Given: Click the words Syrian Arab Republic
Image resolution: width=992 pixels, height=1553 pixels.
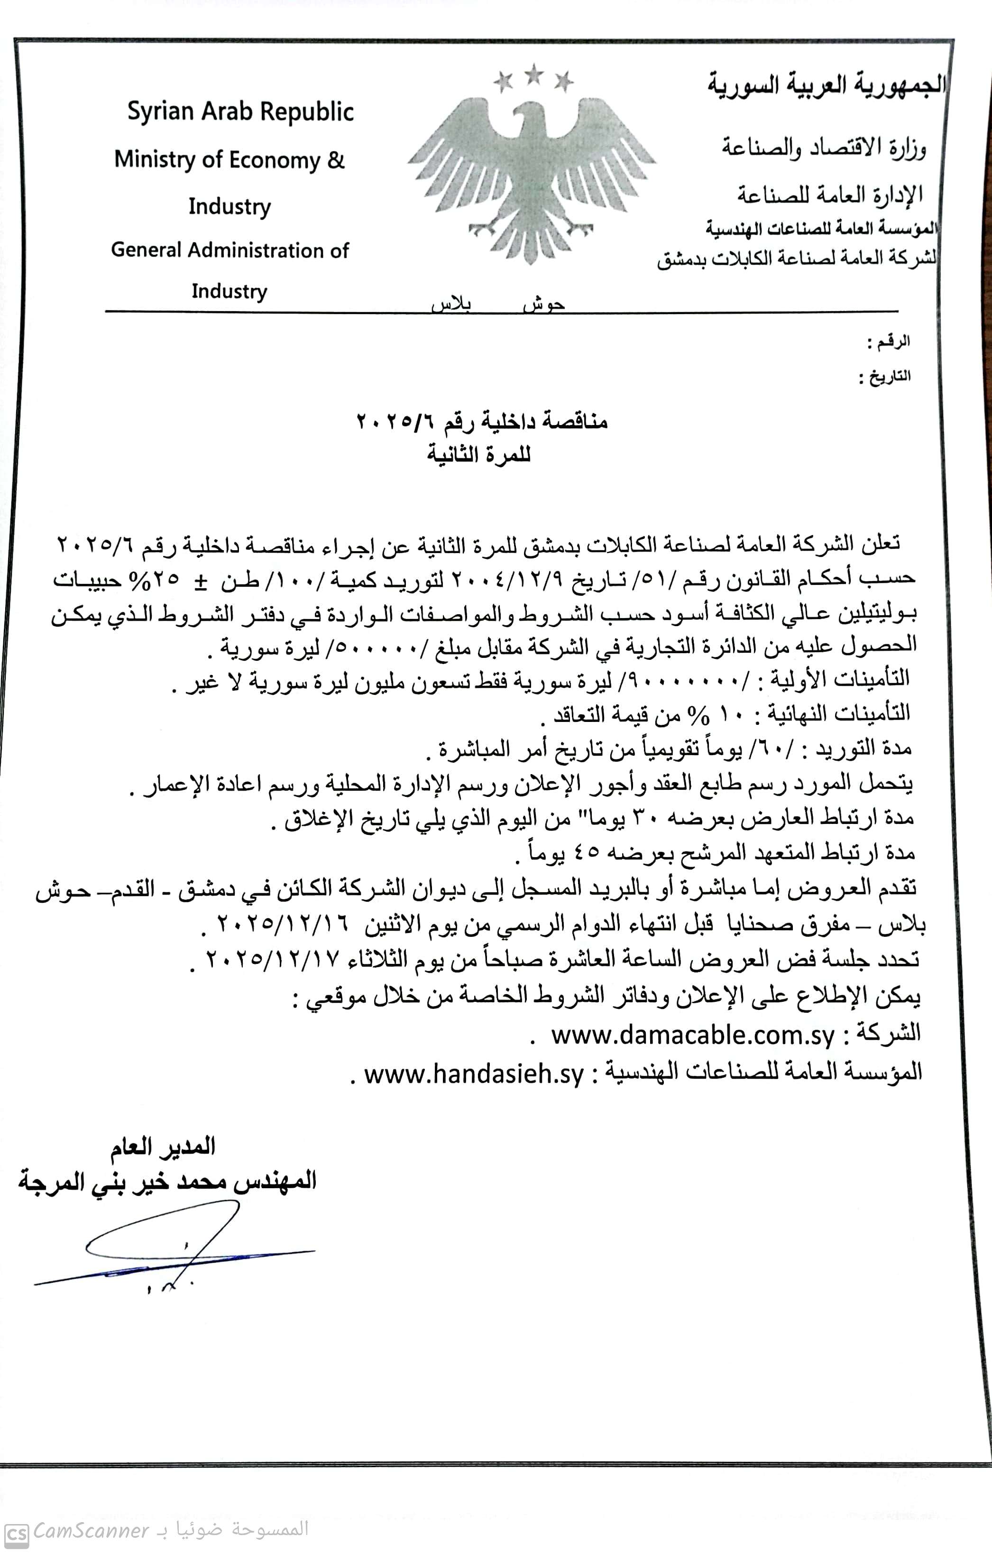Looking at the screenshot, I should pyautogui.click(x=240, y=111).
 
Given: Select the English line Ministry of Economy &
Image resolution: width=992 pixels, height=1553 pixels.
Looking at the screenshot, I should pyautogui.click(x=230, y=160).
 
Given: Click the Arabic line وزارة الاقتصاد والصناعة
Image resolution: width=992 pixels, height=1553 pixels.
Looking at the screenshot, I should pyautogui.click(x=823, y=148).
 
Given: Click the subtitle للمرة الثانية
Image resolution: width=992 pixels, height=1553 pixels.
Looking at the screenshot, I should pyautogui.click(x=478, y=455).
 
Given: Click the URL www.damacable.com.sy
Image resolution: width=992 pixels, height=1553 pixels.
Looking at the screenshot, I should pyautogui.click(x=693, y=1036).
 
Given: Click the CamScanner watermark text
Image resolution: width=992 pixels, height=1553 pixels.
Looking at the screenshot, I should pyautogui.click(x=92, y=1530).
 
